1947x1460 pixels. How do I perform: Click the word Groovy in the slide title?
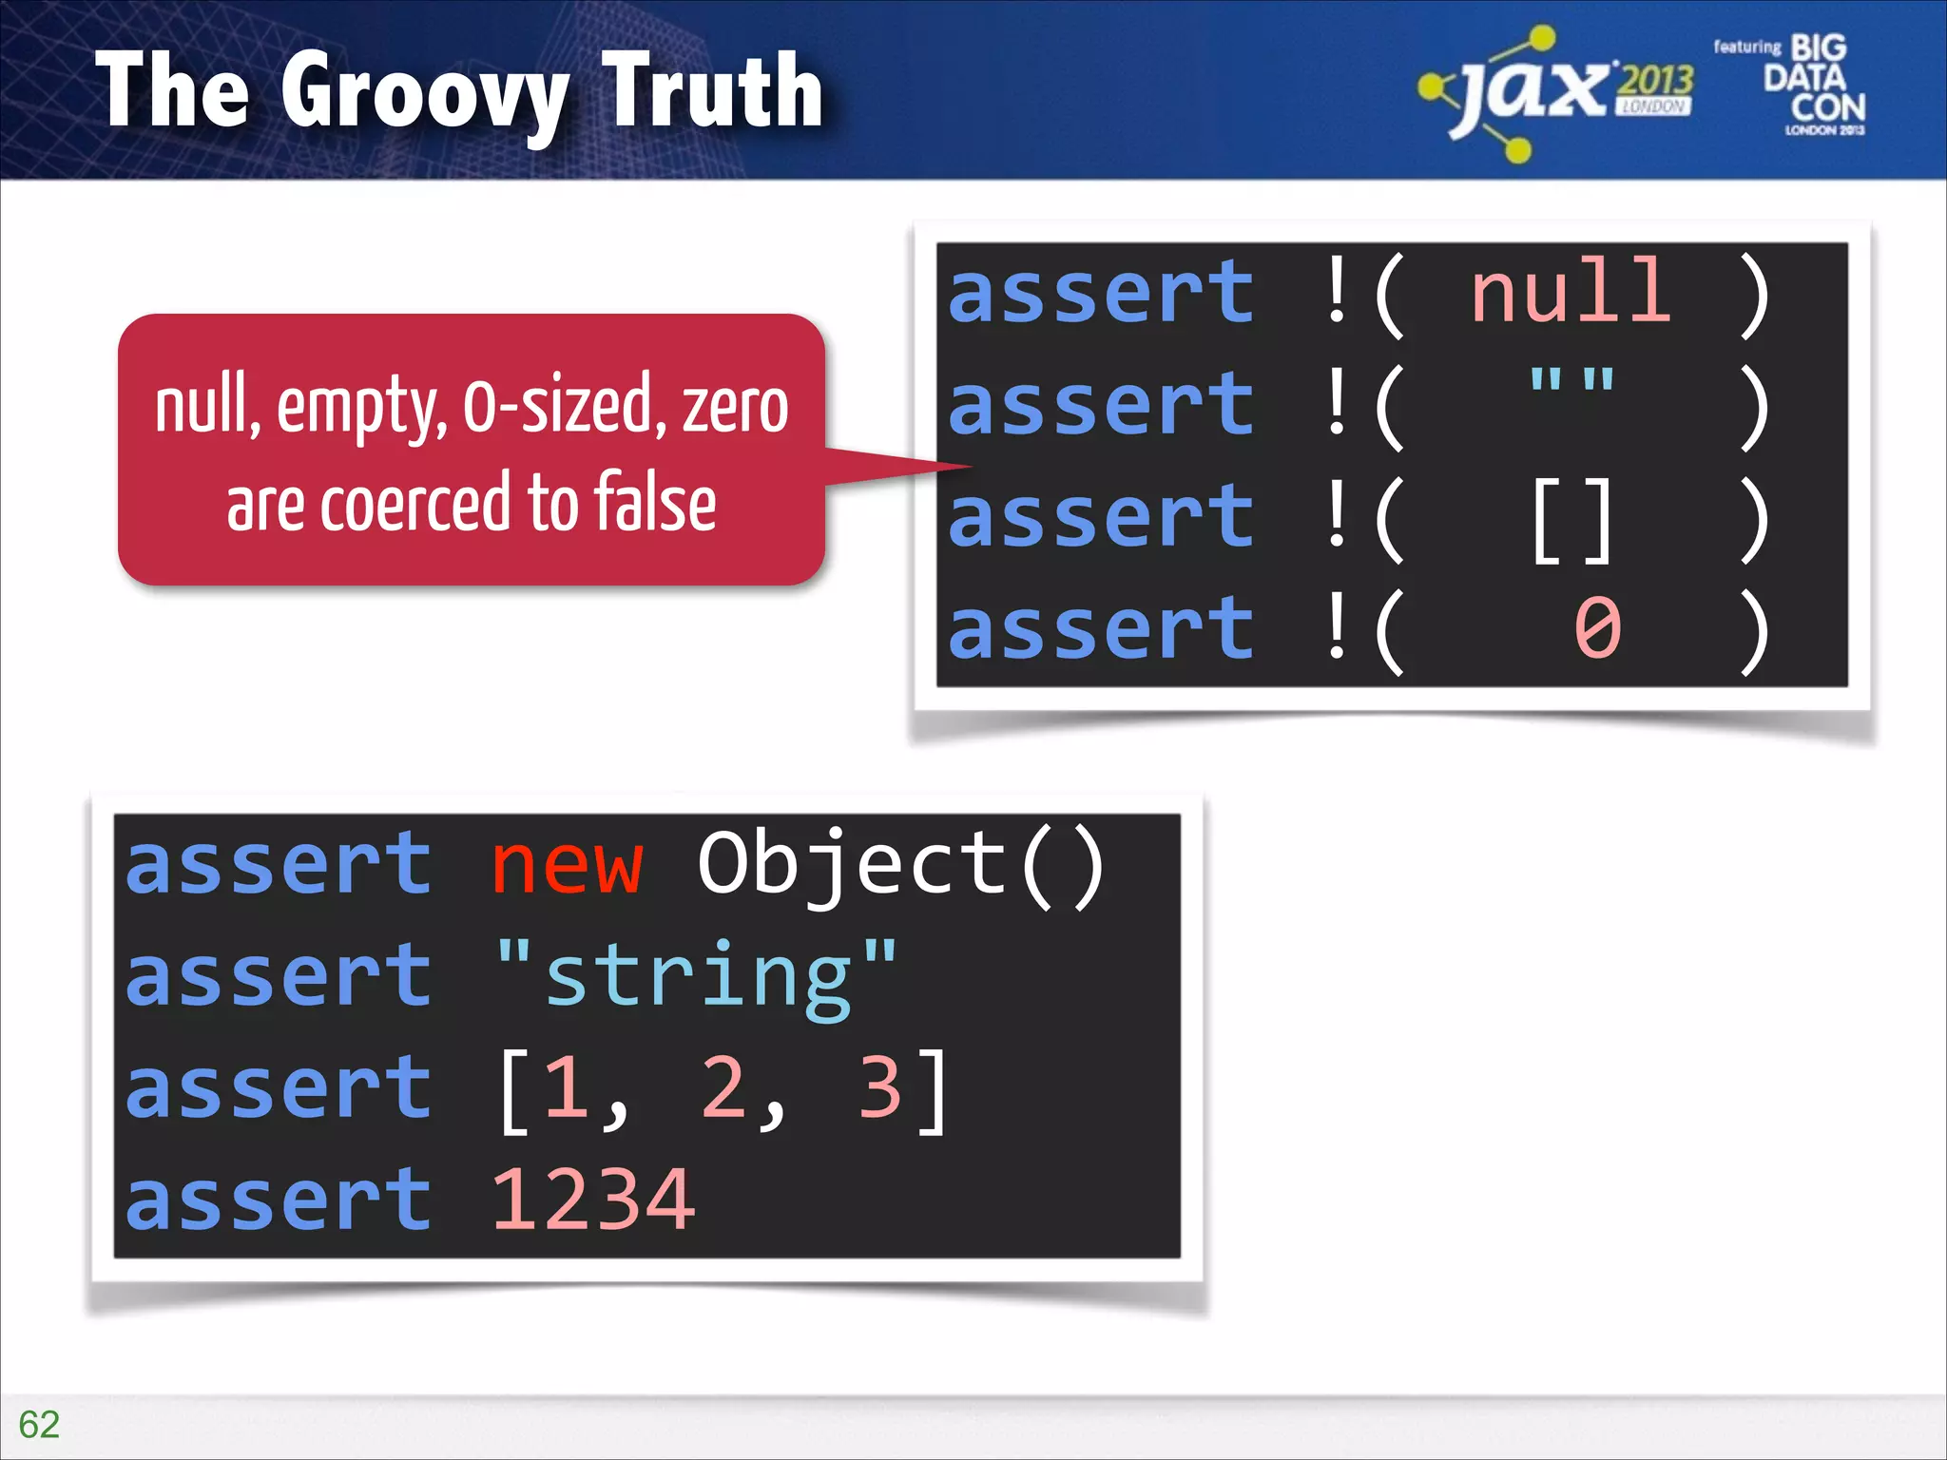424,93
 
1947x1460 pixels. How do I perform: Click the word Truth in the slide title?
713,91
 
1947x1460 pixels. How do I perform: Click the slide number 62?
39,1424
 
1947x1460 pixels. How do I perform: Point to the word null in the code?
1571,293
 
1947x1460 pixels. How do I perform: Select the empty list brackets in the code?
1571,520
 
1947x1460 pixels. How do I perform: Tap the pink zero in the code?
1597,629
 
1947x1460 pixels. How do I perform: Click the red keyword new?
567,864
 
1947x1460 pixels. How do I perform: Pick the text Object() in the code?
901,864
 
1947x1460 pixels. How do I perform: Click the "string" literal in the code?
696,976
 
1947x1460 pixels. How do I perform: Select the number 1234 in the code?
593,1201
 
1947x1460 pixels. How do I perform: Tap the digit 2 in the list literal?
723,1087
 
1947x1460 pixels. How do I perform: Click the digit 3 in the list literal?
879,1087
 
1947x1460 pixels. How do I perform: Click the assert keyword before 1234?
279,1201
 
